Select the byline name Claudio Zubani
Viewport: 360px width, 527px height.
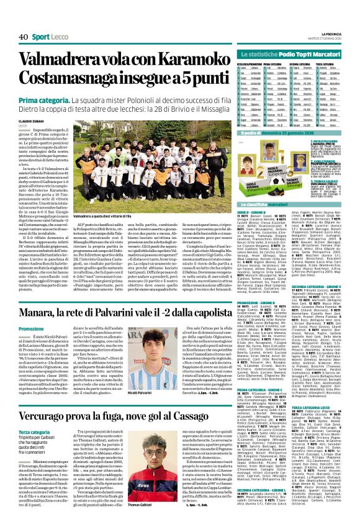click(31, 121)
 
